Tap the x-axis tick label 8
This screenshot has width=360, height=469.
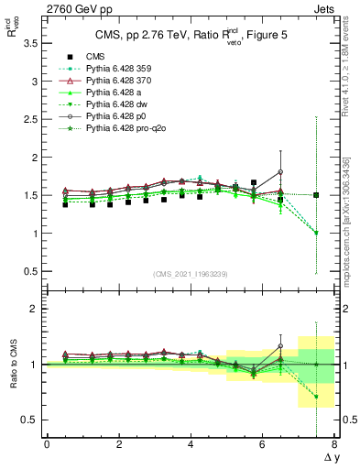click(x=335, y=444)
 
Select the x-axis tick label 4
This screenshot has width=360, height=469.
click(x=191, y=444)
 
